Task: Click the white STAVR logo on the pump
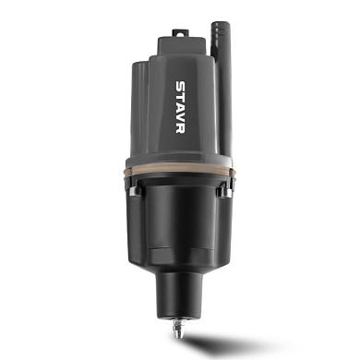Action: pyautogui.click(x=180, y=107)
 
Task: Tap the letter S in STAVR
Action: pyautogui.click(x=180, y=86)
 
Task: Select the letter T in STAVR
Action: pyautogui.click(x=180, y=96)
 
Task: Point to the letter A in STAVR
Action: pyautogui.click(x=180, y=106)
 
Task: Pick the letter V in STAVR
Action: pyautogui.click(x=180, y=117)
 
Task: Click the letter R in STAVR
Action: pyautogui.click(x=180, y=128)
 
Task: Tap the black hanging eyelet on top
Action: pyautogui.click(x=180, y=32)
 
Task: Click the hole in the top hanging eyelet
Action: pyautogui.click(x=180, y=32)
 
